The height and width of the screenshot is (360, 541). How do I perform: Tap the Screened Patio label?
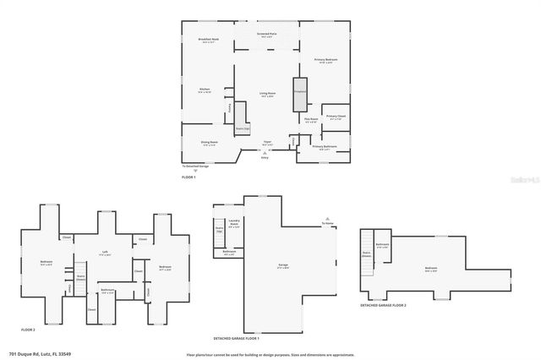[266, 35]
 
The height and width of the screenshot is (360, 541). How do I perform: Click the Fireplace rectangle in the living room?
[299, 95]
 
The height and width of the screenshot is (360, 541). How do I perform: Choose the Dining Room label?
[209, 143]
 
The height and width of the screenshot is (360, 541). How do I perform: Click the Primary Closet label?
[336, 117]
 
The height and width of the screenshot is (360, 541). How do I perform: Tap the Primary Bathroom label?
[325, 147]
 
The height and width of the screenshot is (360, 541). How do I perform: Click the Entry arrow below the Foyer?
[265, 153]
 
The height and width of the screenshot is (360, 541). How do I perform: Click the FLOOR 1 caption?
[189, 177]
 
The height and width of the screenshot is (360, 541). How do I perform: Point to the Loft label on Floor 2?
[106, 253]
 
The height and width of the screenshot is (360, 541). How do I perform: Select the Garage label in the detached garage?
[283, 265]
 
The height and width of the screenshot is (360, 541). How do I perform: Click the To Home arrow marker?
[327, 222]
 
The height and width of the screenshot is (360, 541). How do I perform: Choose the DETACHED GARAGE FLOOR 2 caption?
[383, 305]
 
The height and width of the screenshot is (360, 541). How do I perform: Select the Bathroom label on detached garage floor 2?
[383, 245]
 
